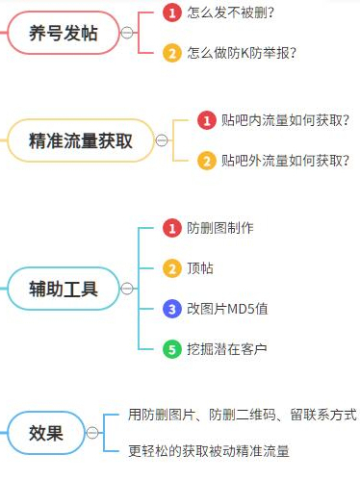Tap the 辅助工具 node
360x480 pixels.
(x=64, y=288)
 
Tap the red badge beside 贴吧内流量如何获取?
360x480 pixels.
(x=207, y=120)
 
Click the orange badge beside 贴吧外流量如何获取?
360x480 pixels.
(x=207, y=161)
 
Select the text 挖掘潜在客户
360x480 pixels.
(x=227, y=349)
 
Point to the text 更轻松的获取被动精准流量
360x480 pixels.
(x=209, y=450)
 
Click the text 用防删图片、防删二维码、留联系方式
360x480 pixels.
(x=242, y=415)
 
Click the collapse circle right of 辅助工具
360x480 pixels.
(x=127, y=288)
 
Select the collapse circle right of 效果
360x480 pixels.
(x=92, y=433)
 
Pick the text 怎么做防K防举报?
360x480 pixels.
(x=242, y=53)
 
